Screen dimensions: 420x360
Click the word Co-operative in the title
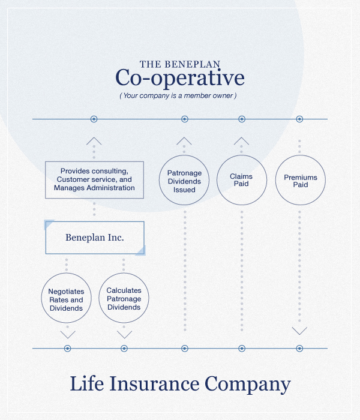(179, 79)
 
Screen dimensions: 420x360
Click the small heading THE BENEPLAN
(179, 64)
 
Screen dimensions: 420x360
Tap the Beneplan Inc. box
(95, 238)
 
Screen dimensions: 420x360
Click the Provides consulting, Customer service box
(95, 179)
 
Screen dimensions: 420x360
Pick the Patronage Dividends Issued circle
(184, 181)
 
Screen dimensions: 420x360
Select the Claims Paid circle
(241, 180)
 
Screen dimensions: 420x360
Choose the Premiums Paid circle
(300, 181)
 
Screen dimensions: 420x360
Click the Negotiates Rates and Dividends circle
(67, 299)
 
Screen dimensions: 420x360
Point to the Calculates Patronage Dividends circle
(124, 298)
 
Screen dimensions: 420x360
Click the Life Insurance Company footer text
(180, 384)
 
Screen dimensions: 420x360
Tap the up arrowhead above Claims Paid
(241, 141)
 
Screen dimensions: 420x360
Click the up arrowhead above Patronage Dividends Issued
(184, 141)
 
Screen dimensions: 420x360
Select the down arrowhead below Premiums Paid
(299, 331)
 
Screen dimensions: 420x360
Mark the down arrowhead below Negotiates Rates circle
(68, 334)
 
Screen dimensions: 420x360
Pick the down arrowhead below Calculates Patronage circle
(124, 334)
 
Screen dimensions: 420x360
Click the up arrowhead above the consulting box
(94, 141)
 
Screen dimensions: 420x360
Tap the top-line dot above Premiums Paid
(299, 119)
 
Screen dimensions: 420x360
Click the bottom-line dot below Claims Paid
(242, 348)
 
